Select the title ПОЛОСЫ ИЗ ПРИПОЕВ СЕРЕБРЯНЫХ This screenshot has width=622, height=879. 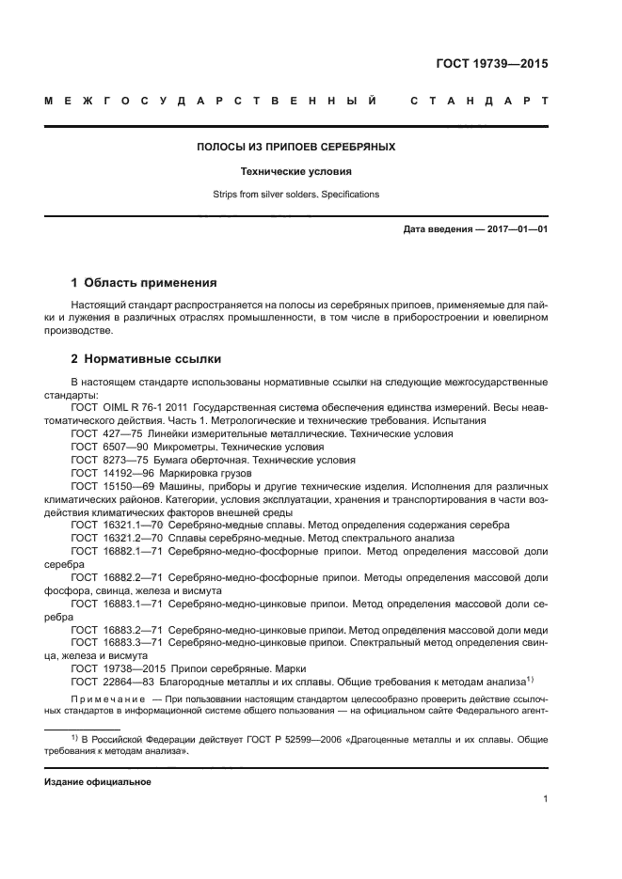coord(295,148)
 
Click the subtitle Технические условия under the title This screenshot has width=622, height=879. coord(295,172)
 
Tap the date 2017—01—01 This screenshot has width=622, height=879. coord(517,228)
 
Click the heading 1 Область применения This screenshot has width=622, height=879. coord(145,282)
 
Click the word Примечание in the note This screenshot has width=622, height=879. coord(106,699)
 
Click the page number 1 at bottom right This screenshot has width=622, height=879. coord(545,799)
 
